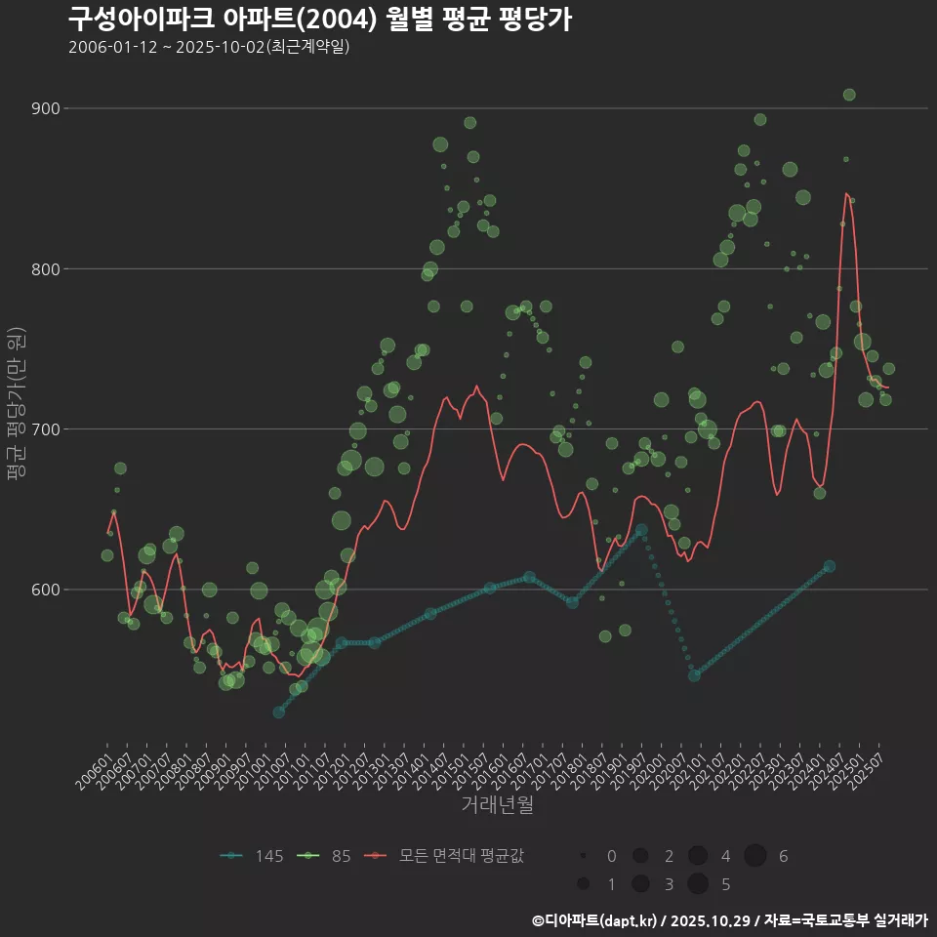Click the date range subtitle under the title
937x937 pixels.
pyautogui.click(x=209, y=48)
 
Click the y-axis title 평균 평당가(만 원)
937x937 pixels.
pyautogui.click(x=17, y=403)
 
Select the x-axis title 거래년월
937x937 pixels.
pyautogui.click(x=497, y=805)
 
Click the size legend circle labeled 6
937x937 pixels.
pyautogui.click(x=755, y=856)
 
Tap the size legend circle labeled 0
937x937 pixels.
pyautogui.click(x=583, y=856)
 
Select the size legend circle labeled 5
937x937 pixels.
pyautogui.click(x=697, y=884)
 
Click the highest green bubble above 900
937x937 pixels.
pyautogui.click(x=849, y=95)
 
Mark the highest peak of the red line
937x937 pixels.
pyautogui.click(x=846, y=193)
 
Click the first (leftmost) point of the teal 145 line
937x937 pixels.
pyautogui.click(x=278, y=713)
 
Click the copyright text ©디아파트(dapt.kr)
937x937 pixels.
pyautogui.click(x=596, y=919)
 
